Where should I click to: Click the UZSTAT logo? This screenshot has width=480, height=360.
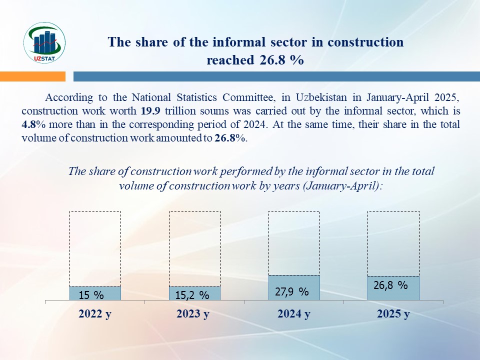pos(44,43)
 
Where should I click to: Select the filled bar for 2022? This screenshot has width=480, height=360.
pos(95,293)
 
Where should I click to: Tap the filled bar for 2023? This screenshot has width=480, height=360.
pos(194,293)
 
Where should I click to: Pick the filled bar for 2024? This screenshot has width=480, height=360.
pos(294,287)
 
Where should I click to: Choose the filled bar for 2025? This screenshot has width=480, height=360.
pos(393,288)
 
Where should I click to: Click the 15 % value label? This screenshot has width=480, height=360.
pos(91,295)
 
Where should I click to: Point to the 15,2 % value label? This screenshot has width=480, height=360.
pos(192,295)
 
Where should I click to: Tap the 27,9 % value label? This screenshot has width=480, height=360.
pos(292,291)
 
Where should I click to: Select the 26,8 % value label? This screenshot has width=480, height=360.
pos(391,285)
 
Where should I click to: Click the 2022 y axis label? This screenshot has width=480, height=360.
pos(95,314)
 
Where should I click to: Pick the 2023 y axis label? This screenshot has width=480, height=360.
pos(193,314)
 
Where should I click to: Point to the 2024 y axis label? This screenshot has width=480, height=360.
pos(293,314)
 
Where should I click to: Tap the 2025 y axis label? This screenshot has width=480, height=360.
pos(393,314)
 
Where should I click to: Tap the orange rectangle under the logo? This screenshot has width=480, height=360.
pos(32,76)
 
